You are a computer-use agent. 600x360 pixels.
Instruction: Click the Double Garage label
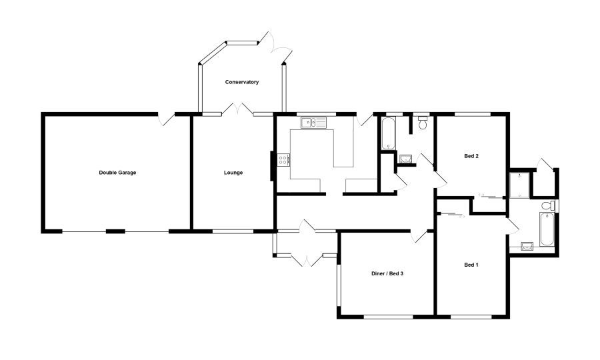coord(117,173)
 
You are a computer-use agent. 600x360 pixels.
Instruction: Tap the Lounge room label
coord(233,173)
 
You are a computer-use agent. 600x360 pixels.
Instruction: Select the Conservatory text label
coord(242,82)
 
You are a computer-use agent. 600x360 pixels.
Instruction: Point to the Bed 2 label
coord(471,156)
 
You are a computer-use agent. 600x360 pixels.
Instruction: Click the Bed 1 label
coord(471,265)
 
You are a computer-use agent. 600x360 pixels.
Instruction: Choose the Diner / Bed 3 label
coord(387,273)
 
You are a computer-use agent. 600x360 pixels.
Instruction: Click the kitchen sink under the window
coord(313,123)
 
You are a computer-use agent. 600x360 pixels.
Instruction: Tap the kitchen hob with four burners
coord(284,159)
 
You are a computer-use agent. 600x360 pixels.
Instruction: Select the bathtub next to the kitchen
coord(388,133)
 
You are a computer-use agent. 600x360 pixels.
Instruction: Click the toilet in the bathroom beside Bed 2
coord(423,123)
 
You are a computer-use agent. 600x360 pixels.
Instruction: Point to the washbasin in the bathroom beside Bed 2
coord(405,159)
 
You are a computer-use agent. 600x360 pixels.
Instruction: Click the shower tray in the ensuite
coord(519,185)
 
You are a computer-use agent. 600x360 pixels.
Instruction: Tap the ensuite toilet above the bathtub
coord(549,205)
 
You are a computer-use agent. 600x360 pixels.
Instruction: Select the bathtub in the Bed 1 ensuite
coord(547,229)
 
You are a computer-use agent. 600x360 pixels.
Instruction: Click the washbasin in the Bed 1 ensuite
coord(527,245)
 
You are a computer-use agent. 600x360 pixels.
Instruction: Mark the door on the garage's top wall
coord(166,119)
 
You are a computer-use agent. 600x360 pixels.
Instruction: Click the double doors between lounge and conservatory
coord(237,109)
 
